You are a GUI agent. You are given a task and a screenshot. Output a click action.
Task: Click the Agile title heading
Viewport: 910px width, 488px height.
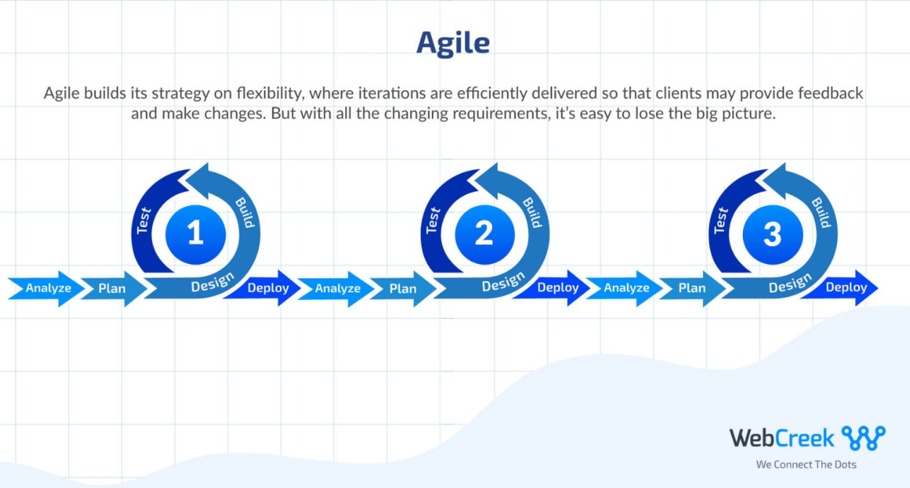(453, 43)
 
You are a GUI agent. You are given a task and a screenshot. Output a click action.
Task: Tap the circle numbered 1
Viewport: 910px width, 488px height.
(195, 234)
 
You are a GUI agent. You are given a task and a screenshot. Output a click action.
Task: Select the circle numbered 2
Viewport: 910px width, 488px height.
(484, 234)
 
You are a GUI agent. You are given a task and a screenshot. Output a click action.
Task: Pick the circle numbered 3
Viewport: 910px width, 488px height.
(773, 234)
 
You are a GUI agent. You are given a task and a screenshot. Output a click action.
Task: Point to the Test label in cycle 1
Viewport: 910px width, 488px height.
(145, 220)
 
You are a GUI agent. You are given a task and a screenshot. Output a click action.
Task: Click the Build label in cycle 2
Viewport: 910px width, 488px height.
(532, 212)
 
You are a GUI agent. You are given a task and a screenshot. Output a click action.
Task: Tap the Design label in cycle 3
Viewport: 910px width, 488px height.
(791, 283)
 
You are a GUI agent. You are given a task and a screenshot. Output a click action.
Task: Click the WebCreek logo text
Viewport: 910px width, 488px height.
(781, 437)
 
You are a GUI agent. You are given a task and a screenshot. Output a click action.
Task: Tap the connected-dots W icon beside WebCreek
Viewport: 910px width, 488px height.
(863, 437)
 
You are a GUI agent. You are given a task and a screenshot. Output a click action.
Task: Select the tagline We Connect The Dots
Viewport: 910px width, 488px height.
(806, 464)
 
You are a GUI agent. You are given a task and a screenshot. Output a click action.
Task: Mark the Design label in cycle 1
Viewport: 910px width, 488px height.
(213, 283)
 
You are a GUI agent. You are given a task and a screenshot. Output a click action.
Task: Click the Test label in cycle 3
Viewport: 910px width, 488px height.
(721, 220)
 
